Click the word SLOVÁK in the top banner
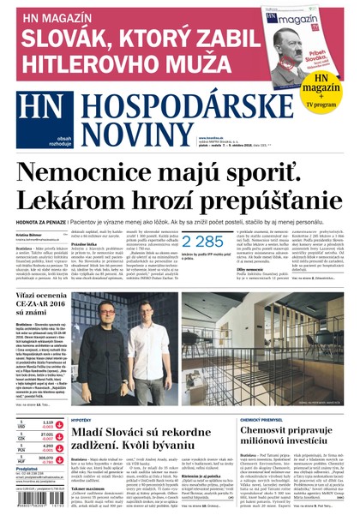tap(64, 37)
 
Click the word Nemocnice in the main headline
tap(91, 172)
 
